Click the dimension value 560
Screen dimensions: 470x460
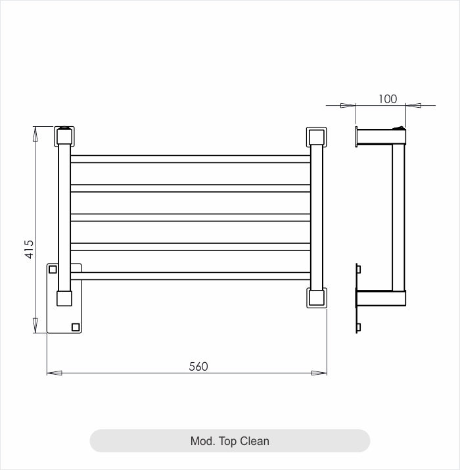point(198,367)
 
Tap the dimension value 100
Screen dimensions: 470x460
point(388,99)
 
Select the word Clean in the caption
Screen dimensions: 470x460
point(254,441)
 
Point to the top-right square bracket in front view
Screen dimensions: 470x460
point(315,137)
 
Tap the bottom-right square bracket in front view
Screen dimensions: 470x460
point(315,298)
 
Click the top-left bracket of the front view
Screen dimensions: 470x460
point(64,136)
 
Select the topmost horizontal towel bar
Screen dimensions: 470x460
point(190,158)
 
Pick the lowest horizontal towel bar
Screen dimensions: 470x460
point(190,276)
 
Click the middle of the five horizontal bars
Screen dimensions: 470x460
point(190,218)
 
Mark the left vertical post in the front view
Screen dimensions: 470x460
point(64,217)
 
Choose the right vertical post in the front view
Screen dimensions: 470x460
point(316,217)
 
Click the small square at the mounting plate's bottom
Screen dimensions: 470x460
point(76,326)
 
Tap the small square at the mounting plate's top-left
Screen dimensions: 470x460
point(53,269)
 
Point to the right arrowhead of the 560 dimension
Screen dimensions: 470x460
point(320,373)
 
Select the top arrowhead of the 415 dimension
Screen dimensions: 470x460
point(35,133)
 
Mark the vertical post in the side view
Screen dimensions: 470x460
point(398,217)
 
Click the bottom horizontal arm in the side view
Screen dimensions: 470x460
point(381,299)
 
